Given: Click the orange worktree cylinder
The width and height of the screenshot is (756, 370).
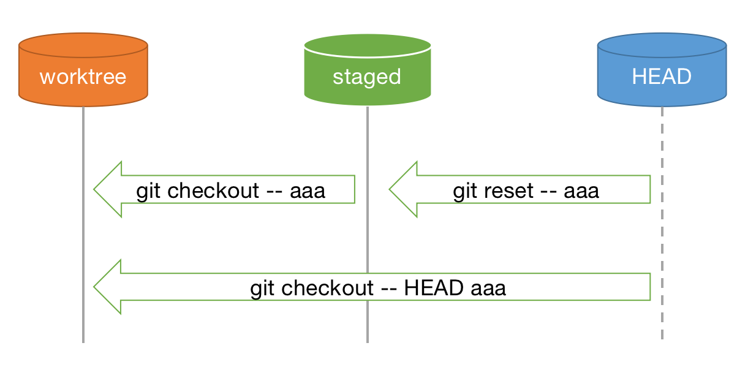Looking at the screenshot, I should coord(83,86).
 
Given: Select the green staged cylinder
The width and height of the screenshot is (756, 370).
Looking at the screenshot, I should coord(367,86).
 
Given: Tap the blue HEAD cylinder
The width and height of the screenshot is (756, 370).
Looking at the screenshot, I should coord(662,86).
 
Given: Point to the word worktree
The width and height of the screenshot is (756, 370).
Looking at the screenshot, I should coord(83,77).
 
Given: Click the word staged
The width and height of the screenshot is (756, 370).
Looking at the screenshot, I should coord(367,77).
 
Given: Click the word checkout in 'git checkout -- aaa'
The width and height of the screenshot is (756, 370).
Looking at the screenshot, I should coord(213,191).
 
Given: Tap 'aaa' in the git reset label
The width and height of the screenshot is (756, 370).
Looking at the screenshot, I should coord(581,191).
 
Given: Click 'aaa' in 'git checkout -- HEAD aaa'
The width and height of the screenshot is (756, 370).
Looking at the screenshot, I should coord(488,288).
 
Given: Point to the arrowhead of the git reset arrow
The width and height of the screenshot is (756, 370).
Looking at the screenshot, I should coord(404,189).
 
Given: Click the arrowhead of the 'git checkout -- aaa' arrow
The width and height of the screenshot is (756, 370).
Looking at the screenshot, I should coord(109,189).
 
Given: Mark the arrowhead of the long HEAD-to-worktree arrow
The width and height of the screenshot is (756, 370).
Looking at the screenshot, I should coord(109,287).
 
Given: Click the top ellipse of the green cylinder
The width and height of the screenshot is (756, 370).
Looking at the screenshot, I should coord(367,46).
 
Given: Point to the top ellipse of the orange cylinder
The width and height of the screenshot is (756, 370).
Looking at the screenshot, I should coord(83,45).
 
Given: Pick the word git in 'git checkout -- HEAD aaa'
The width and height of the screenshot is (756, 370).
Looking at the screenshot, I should coord(263,288).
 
